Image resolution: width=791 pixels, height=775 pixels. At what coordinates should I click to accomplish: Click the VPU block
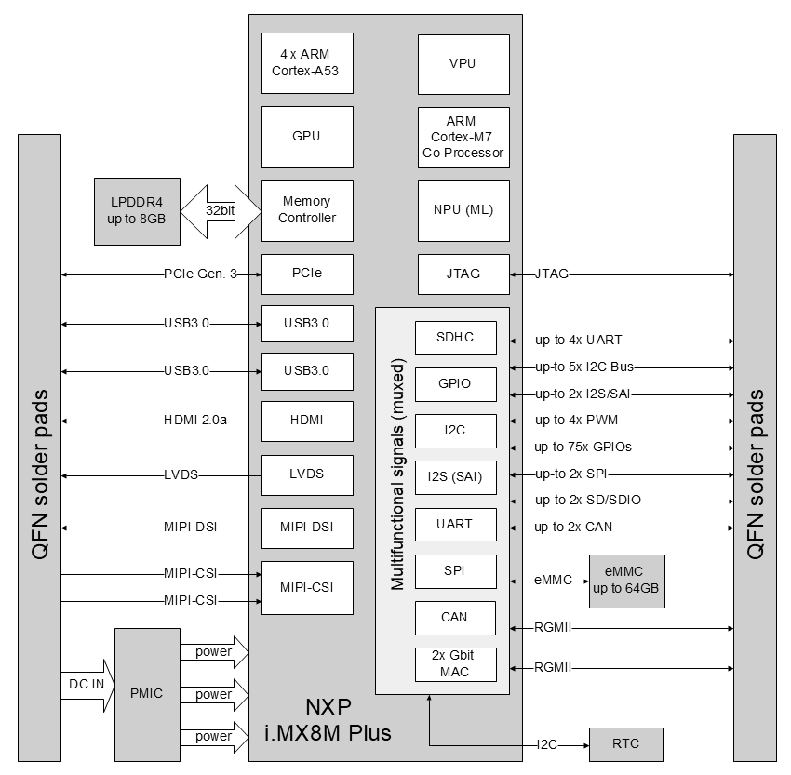(x=463, y=64)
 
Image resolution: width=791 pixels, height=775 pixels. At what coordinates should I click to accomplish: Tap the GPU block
(x=307, y=136)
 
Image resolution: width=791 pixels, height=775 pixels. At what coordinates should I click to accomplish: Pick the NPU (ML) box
(x=463, y=210)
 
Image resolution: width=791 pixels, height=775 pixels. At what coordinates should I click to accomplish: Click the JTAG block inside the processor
(x=463, y=274)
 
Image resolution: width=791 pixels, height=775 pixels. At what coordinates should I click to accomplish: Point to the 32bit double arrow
(x=221, y=211)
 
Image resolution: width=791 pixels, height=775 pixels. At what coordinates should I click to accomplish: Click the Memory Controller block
(x=307, y=210)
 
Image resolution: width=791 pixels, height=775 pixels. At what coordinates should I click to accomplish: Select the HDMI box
(x=307, y=421)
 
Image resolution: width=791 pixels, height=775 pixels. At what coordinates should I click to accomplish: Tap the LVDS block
(x=307, y=474)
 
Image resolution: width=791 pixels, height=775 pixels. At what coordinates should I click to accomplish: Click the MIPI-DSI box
(x=307, y=528)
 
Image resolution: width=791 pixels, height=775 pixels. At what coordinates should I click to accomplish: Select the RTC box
(x=626, y=744)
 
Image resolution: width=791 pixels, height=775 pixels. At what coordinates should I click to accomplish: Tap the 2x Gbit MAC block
(x=455, y=664)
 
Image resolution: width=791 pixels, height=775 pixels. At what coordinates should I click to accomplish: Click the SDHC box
(x=455, y=337)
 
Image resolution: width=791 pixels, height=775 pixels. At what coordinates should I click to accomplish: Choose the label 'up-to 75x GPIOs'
(x=583, y=448)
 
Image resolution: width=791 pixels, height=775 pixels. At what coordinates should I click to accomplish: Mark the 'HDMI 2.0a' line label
(x=194, y=421)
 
